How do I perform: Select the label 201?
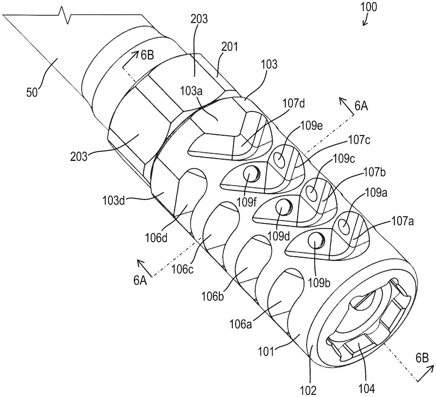pyautogui.click(x=229, y=46)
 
